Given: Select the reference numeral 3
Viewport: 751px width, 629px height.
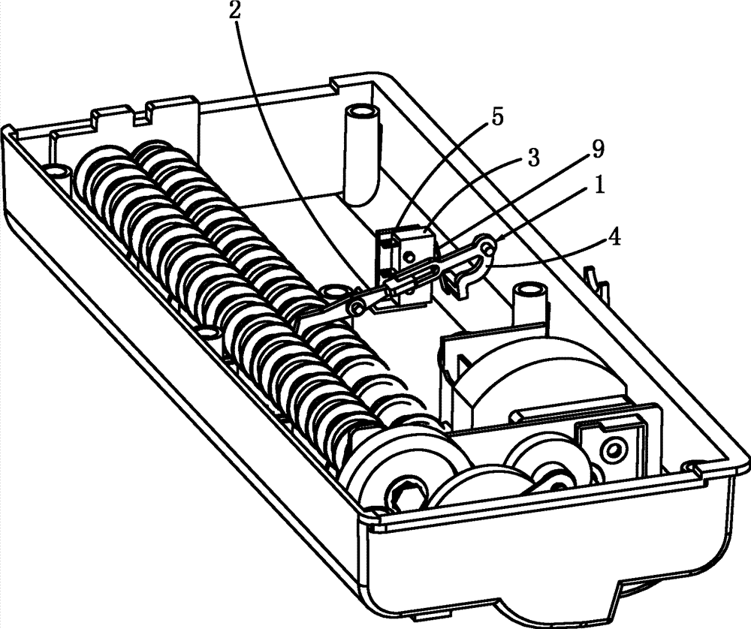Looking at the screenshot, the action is click(533, 158).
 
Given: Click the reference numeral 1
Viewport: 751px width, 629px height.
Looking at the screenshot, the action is click(599, 185).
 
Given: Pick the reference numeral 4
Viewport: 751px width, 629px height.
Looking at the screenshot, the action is click(614, 238).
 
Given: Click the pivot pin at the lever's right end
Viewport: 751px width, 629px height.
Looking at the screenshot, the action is click(487, 248).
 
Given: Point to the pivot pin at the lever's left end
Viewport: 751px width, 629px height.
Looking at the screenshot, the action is click(356, 306).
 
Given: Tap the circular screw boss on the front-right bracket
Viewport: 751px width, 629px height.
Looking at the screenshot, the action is click(613, 449).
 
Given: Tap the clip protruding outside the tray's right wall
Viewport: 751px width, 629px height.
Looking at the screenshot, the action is click(597, 282).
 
